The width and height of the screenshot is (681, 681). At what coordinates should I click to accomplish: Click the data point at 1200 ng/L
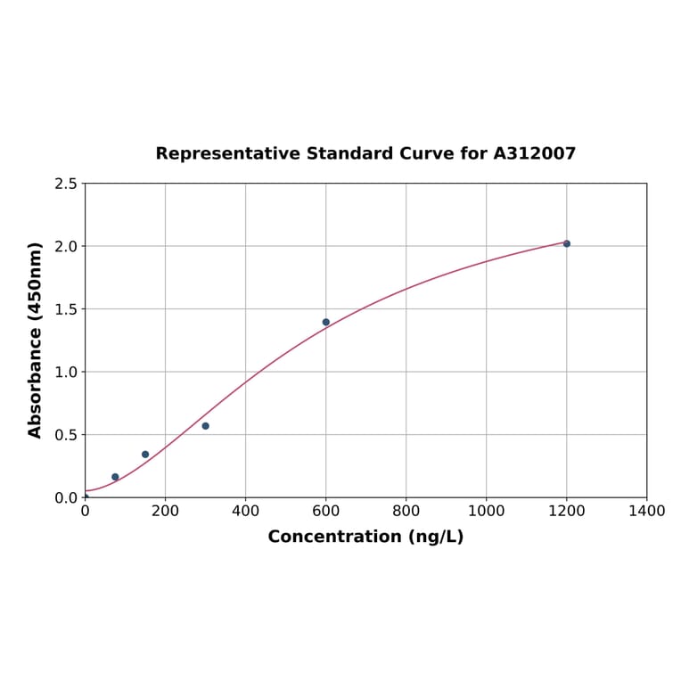566,243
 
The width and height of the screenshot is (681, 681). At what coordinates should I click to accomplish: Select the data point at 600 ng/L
325,322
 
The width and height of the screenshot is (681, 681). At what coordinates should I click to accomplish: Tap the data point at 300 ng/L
205,426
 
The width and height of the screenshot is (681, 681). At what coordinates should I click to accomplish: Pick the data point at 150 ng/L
145,455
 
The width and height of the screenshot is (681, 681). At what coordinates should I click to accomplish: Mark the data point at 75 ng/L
115,477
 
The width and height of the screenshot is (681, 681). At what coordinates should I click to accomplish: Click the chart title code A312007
534,153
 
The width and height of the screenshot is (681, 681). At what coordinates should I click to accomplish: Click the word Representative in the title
228,153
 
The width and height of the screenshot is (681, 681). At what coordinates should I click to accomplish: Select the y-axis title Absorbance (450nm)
36,340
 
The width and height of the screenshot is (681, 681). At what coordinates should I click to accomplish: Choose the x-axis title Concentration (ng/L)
365,537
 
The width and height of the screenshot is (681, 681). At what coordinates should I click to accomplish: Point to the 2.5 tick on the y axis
66,184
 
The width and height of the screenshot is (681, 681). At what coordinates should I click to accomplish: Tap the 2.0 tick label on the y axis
66,246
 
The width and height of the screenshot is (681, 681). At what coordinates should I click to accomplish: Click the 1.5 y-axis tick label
66,309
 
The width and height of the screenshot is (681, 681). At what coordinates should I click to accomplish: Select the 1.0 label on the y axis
66,372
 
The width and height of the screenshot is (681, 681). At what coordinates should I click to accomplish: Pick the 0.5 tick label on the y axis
66,435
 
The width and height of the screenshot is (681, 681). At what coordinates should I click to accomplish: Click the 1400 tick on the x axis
646,511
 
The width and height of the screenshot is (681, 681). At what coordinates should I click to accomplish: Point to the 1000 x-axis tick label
486,511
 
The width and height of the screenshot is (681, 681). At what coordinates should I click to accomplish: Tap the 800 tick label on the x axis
406,511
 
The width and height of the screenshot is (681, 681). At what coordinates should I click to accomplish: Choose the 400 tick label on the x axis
245,511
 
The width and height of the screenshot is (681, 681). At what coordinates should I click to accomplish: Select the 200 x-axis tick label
165,511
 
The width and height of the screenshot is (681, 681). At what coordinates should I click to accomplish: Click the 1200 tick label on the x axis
566,511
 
